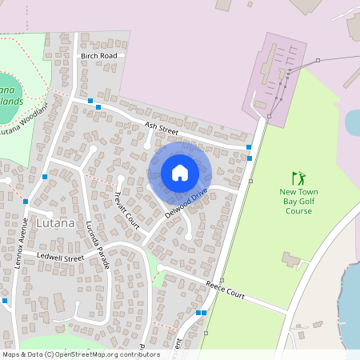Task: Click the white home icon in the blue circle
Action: click(x=180, y=172)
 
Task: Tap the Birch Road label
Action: click(x=98, y=55)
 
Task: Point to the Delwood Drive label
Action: click(x=186, y=204)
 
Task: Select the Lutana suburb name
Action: click(x=55, y=222)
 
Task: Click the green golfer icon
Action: click(x=298, y=178)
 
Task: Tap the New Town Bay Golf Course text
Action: click(x=298, y=202)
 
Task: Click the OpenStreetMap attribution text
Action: click(x=80, y=354)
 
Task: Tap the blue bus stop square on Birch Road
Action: click(x=90, y=101)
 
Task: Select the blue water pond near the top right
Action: click(x=352, y=122)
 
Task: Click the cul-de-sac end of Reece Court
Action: click(x=159, y=268)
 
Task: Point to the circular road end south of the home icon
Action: click(x=189, y=237)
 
